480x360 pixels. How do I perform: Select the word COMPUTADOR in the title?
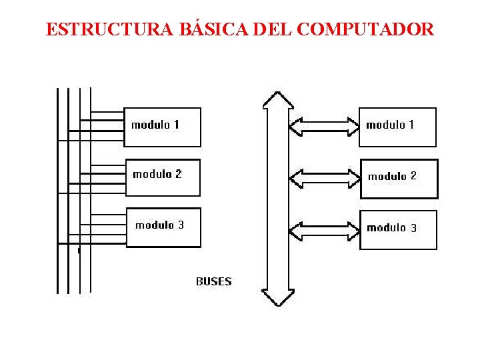(365, 30)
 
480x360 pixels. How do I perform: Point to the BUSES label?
(213, 281)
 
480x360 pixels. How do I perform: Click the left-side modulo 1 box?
(162, 127)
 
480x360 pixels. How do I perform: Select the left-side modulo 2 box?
(163, 177)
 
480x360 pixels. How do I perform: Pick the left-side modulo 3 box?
(163, 227)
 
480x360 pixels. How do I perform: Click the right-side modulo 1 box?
(397, 127)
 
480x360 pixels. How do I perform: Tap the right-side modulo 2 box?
(399, 179)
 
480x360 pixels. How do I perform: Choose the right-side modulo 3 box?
(398, 230)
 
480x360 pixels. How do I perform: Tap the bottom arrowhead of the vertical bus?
(278, 297)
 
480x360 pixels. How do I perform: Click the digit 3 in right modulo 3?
(413, 228)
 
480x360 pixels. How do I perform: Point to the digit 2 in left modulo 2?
(178, 174)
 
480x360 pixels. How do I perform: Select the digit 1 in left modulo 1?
(176, 125)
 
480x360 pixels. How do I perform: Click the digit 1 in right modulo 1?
(411, 125)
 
